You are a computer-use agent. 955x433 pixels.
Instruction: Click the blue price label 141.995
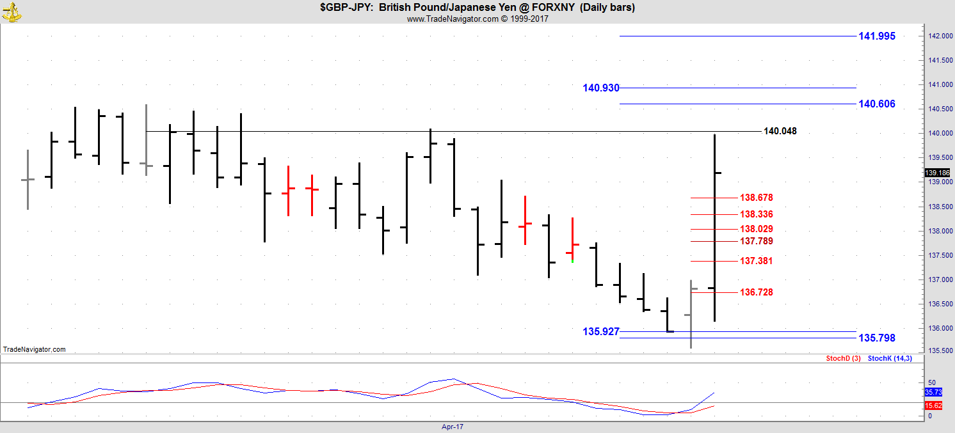876,36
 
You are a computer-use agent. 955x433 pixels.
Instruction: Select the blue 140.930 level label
600,88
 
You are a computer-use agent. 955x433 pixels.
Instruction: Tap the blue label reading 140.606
876,104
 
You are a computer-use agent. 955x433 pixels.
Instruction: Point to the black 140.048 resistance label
780,132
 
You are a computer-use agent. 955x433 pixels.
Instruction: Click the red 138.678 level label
756,198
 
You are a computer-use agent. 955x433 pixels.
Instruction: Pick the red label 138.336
756,215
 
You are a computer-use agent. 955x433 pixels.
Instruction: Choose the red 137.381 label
756,262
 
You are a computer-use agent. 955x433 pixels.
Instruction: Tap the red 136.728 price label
756,293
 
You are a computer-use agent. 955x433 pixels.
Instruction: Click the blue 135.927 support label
600,332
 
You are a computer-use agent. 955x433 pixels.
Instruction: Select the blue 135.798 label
876,338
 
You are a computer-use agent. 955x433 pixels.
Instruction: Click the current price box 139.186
938,173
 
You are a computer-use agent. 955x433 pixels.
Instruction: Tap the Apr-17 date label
451,427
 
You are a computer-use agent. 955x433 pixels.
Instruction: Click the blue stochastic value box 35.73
933,392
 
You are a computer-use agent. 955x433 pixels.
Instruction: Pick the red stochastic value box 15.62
933,406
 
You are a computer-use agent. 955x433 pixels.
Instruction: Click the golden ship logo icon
12,11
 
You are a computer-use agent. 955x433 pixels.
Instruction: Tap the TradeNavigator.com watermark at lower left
34,350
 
